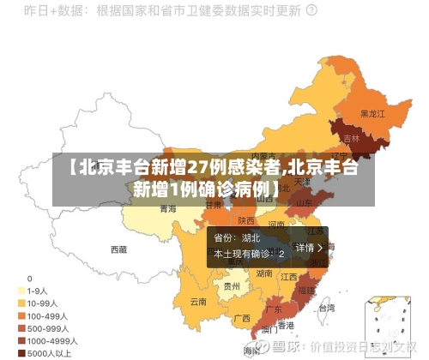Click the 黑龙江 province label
coord(372,112)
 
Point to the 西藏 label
coord(118,249)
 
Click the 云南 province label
coord(198,302)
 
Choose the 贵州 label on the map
coord(232,287)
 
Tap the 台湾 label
coord(327,306)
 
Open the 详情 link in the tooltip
coord(308,247)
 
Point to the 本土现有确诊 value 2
coord(281,255)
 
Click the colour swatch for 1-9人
coord(21,291)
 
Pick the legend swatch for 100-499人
coord(21,315)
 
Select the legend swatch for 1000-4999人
coord(21,340)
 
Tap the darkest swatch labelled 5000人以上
coord(21,352)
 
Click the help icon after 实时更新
coord(311,11)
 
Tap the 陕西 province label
coord(246,220)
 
